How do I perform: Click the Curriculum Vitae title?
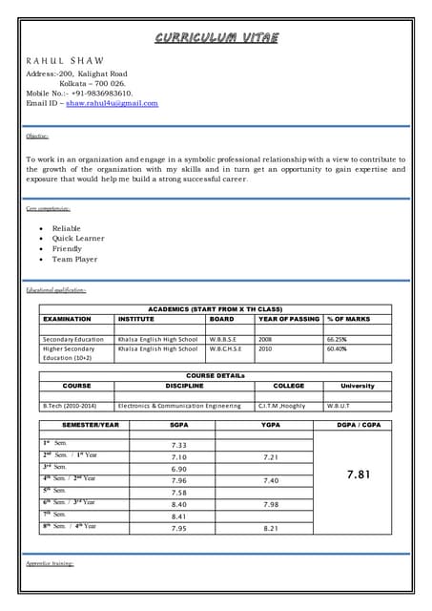click(217, 38)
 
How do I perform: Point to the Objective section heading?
click(38, 137)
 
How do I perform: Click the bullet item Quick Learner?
click(78, 239)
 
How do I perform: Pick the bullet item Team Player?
click(74, 259)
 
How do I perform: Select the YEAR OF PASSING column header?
click(289, 319)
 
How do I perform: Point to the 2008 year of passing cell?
click(265, 339)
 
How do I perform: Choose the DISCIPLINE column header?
click(184, 386)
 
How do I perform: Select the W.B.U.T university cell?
click(339, 406)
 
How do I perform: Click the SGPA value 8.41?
click(178, 516)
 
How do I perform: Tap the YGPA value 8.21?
click(270, 528)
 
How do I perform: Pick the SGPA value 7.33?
click(178, 445)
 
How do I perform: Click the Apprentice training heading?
click(51, 565)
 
